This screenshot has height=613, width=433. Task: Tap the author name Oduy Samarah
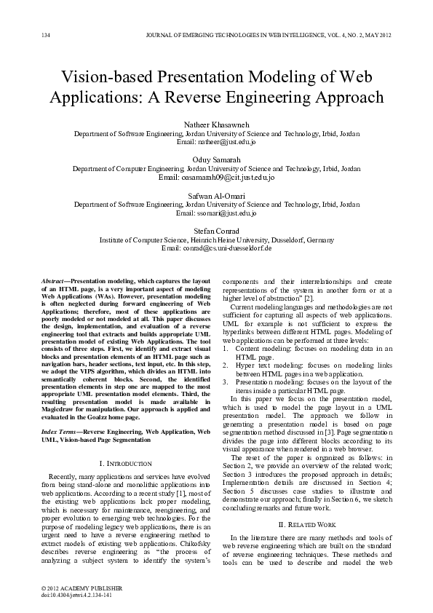(216, 159)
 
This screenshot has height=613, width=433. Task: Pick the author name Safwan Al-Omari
(216, 196)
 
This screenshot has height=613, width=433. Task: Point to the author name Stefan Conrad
(216, 231)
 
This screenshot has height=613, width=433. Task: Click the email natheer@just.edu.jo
(216, 143)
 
